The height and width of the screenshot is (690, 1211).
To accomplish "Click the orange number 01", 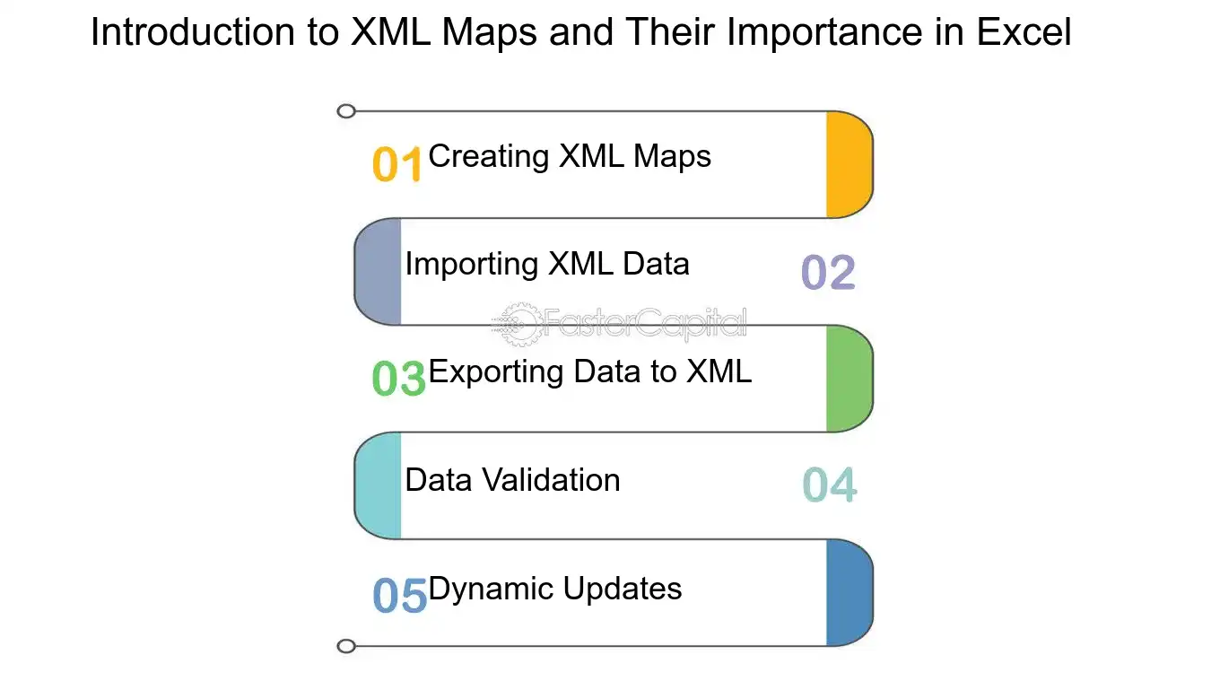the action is [396, 164].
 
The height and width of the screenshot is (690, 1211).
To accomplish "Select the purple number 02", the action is [828, 272].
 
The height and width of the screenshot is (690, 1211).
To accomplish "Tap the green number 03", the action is [398, 378].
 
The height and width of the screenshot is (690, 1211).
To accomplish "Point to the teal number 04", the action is [830, 485].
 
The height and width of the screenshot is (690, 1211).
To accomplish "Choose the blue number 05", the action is [399, 595].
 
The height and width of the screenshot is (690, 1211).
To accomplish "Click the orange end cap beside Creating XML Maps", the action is [849, 164].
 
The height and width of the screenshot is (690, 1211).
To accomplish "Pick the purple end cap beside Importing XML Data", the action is [378, 272].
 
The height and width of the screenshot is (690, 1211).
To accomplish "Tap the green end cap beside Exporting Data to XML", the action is [849, 379].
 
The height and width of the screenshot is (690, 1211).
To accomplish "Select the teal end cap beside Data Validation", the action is [378, 485].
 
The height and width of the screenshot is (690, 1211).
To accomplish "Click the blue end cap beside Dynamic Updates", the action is [849, 593].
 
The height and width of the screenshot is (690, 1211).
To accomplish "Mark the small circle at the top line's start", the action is [346, 111].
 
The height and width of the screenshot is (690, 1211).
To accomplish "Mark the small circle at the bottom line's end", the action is [346, 646].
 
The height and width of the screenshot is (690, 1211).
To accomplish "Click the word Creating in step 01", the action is [488, 157].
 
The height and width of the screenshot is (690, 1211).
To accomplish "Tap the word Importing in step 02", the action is [472, 265].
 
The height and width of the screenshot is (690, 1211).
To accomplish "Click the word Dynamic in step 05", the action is [491, 589].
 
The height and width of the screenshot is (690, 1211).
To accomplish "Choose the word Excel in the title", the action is [1024, 32].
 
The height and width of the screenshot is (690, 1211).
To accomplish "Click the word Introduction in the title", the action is [193, 32].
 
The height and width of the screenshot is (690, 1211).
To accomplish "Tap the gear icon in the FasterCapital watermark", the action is [519, 324].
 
